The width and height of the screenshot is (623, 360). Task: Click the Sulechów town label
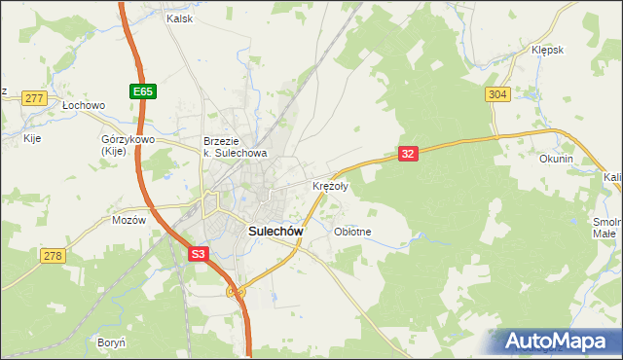click(276, 232)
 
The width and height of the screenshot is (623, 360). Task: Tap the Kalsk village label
click(180, 18)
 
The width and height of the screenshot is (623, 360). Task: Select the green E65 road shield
click(142, 91)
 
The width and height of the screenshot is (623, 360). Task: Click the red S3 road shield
click(198, 254)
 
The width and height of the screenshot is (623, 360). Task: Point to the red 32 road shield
click(409, 154)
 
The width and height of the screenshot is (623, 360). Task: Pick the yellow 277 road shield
click(35, 98)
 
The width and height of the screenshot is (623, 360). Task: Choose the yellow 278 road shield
click(53, 255)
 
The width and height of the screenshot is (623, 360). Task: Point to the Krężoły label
click(329, 186)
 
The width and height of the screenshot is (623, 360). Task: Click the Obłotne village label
click(352, 232)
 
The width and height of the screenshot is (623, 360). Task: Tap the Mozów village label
click(128, 220)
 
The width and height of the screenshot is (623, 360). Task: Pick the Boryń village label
click(112, 342)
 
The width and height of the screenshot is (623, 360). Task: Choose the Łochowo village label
click(83, 104)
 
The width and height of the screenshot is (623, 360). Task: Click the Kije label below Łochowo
click(32, 138)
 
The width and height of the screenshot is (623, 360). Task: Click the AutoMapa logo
click(560, 342)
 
